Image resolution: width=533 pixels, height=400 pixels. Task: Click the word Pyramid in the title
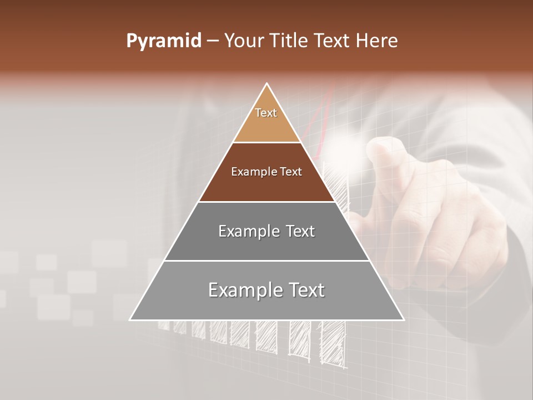coord(164,41)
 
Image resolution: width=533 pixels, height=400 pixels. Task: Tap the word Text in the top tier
coord(266,113)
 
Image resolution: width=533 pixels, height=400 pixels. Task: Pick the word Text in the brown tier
coord(291,172)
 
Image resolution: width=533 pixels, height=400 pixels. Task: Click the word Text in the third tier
coord(300,231)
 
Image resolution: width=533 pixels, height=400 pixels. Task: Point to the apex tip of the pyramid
coord(267,83)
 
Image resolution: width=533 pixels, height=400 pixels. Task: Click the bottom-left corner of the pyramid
coord(130,319)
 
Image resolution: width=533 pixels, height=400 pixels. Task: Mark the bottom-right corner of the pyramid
coord(404,319)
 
